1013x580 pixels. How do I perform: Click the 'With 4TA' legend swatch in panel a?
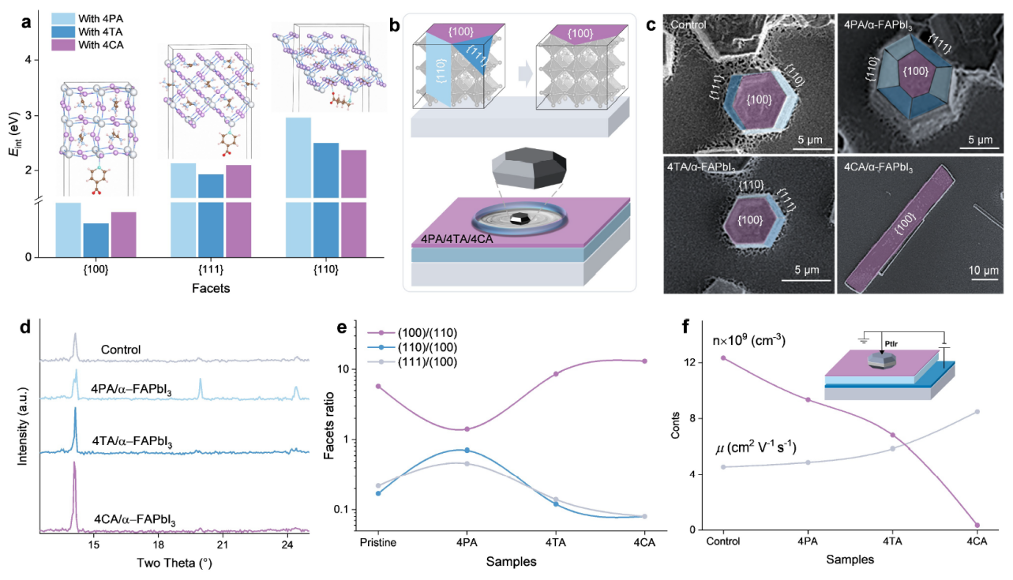(63, 32)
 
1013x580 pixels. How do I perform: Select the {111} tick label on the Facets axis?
(211, 270)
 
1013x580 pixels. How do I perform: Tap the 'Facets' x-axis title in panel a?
(211, 288)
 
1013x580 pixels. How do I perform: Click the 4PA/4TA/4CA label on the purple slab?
(456, 239)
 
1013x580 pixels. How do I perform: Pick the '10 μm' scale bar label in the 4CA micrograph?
(984, 271)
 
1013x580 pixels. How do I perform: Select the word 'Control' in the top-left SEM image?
(688, 24)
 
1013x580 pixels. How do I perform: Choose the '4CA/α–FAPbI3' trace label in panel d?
(135, 520)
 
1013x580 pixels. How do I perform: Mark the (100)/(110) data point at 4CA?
(644, 361)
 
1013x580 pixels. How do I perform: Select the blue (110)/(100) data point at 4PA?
(467, 451)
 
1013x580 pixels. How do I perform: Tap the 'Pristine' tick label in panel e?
(378, 542)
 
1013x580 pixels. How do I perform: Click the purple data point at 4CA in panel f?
(977, 526)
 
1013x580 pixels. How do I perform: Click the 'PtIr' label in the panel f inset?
(891, 344)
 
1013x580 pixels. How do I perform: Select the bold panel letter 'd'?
(25, 327)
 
